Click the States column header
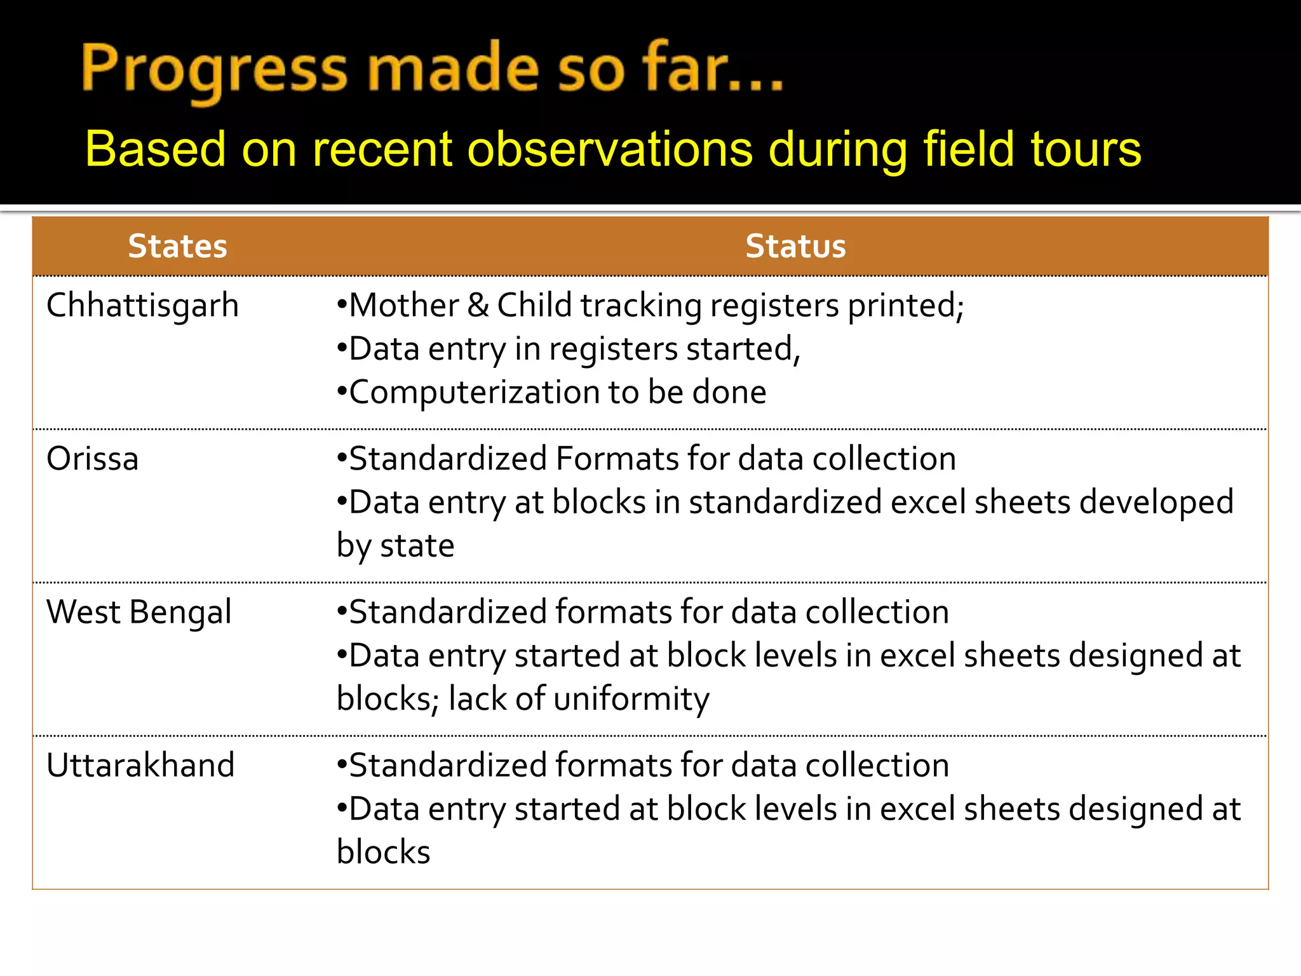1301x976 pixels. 177,247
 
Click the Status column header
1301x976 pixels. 795,247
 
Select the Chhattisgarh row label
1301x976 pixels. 142,306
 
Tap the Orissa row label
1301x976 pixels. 93,459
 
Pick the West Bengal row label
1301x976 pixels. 139,613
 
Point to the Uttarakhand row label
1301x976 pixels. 140,765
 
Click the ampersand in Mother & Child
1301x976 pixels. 478,306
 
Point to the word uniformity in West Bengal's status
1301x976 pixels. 631,699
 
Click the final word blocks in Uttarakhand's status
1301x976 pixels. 384,852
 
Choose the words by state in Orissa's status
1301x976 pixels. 395,546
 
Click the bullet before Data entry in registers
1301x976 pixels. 342,349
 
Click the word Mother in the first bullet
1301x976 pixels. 404,306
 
